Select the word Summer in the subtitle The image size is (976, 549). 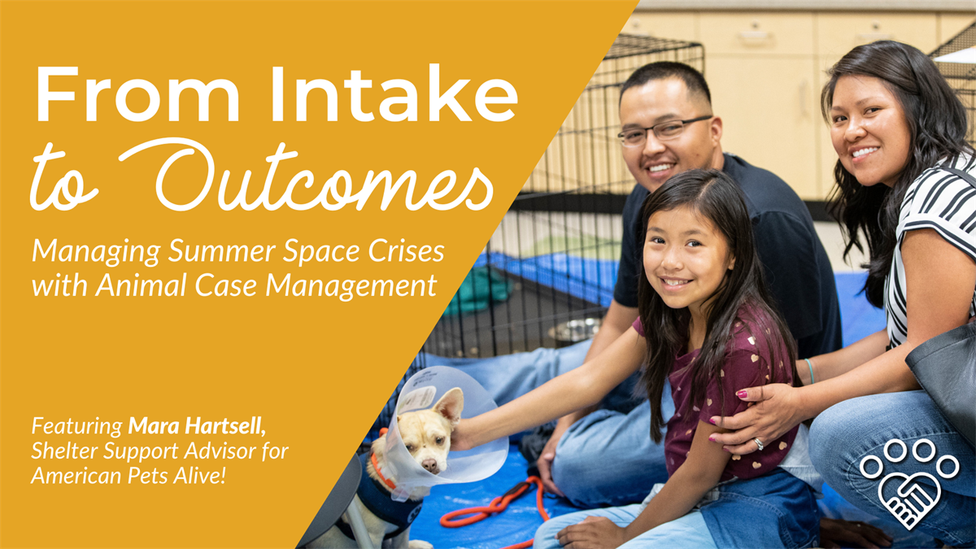222,252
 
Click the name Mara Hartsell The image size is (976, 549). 197,425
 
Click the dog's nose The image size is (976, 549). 430,465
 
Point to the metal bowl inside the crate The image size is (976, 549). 574,329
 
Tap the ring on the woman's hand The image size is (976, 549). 759,444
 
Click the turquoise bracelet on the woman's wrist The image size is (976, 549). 809,370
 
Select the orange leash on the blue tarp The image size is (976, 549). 497,505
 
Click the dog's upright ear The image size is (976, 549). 450,405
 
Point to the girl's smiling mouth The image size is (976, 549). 675,282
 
